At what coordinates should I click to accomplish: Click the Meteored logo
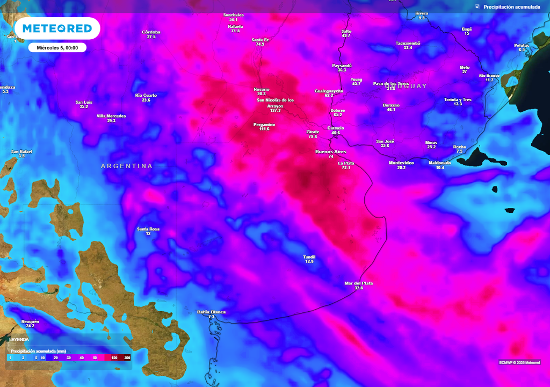(x=57, y=28)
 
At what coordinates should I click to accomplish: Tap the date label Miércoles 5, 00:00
(x=57, y=48)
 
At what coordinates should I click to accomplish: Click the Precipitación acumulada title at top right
(x=511, y=7)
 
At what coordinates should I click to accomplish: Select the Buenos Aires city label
(x=331, y=152)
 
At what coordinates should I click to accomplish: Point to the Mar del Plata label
(x=359, y=283)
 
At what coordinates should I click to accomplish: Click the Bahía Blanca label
(x=211, y=312)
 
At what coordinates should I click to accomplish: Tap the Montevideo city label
(x=401, y=162)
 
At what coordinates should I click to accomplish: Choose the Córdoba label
(x=151, y=32)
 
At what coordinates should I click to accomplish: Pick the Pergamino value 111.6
(x=264, y=129)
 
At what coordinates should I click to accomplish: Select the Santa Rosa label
(x=148, y=229)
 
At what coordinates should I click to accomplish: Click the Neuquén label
(x=30, y=321)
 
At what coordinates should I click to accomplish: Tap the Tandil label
(x=309, y=257)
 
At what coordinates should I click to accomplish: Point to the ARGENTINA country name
(x=127, y=166)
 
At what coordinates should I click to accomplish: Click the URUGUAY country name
(x=409, y=86)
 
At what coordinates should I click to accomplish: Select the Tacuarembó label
(x=408, y=43)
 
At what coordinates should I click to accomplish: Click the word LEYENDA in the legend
(x=19, y=340)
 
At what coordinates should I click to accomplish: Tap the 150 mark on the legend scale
(x=114, y=357)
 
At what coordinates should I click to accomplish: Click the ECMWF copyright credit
(x=519, y=362)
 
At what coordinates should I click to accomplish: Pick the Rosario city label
(x=262, y=89)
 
